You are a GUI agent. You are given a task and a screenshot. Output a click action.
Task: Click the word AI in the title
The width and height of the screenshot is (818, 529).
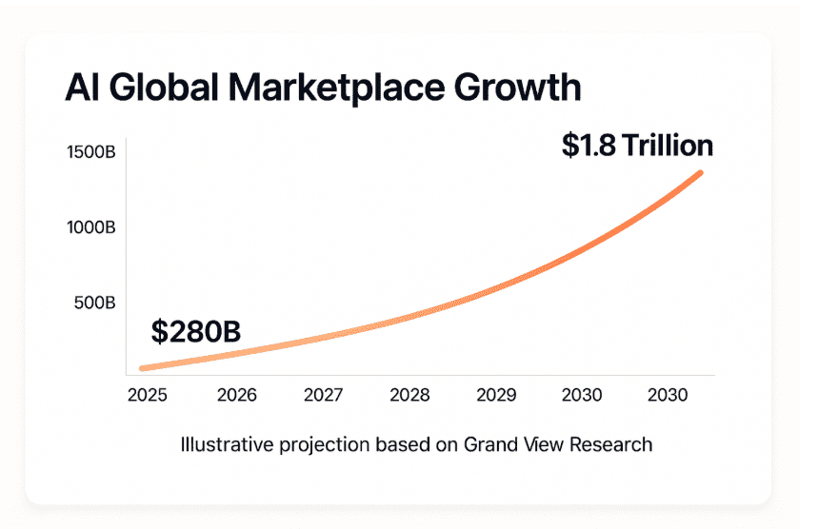coord(81,88)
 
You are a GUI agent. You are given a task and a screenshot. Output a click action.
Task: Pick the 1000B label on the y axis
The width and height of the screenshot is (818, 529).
coord(92,227)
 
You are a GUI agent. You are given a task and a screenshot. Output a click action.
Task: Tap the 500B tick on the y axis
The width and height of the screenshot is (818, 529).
coord(96,303)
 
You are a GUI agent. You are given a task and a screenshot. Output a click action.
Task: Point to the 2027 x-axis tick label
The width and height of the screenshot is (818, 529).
coord(324,395)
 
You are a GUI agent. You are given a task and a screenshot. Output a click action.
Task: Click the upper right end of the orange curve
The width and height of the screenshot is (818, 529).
coord(700,172)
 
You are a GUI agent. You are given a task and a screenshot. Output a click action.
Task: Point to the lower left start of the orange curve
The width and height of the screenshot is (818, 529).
coord(142,368)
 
